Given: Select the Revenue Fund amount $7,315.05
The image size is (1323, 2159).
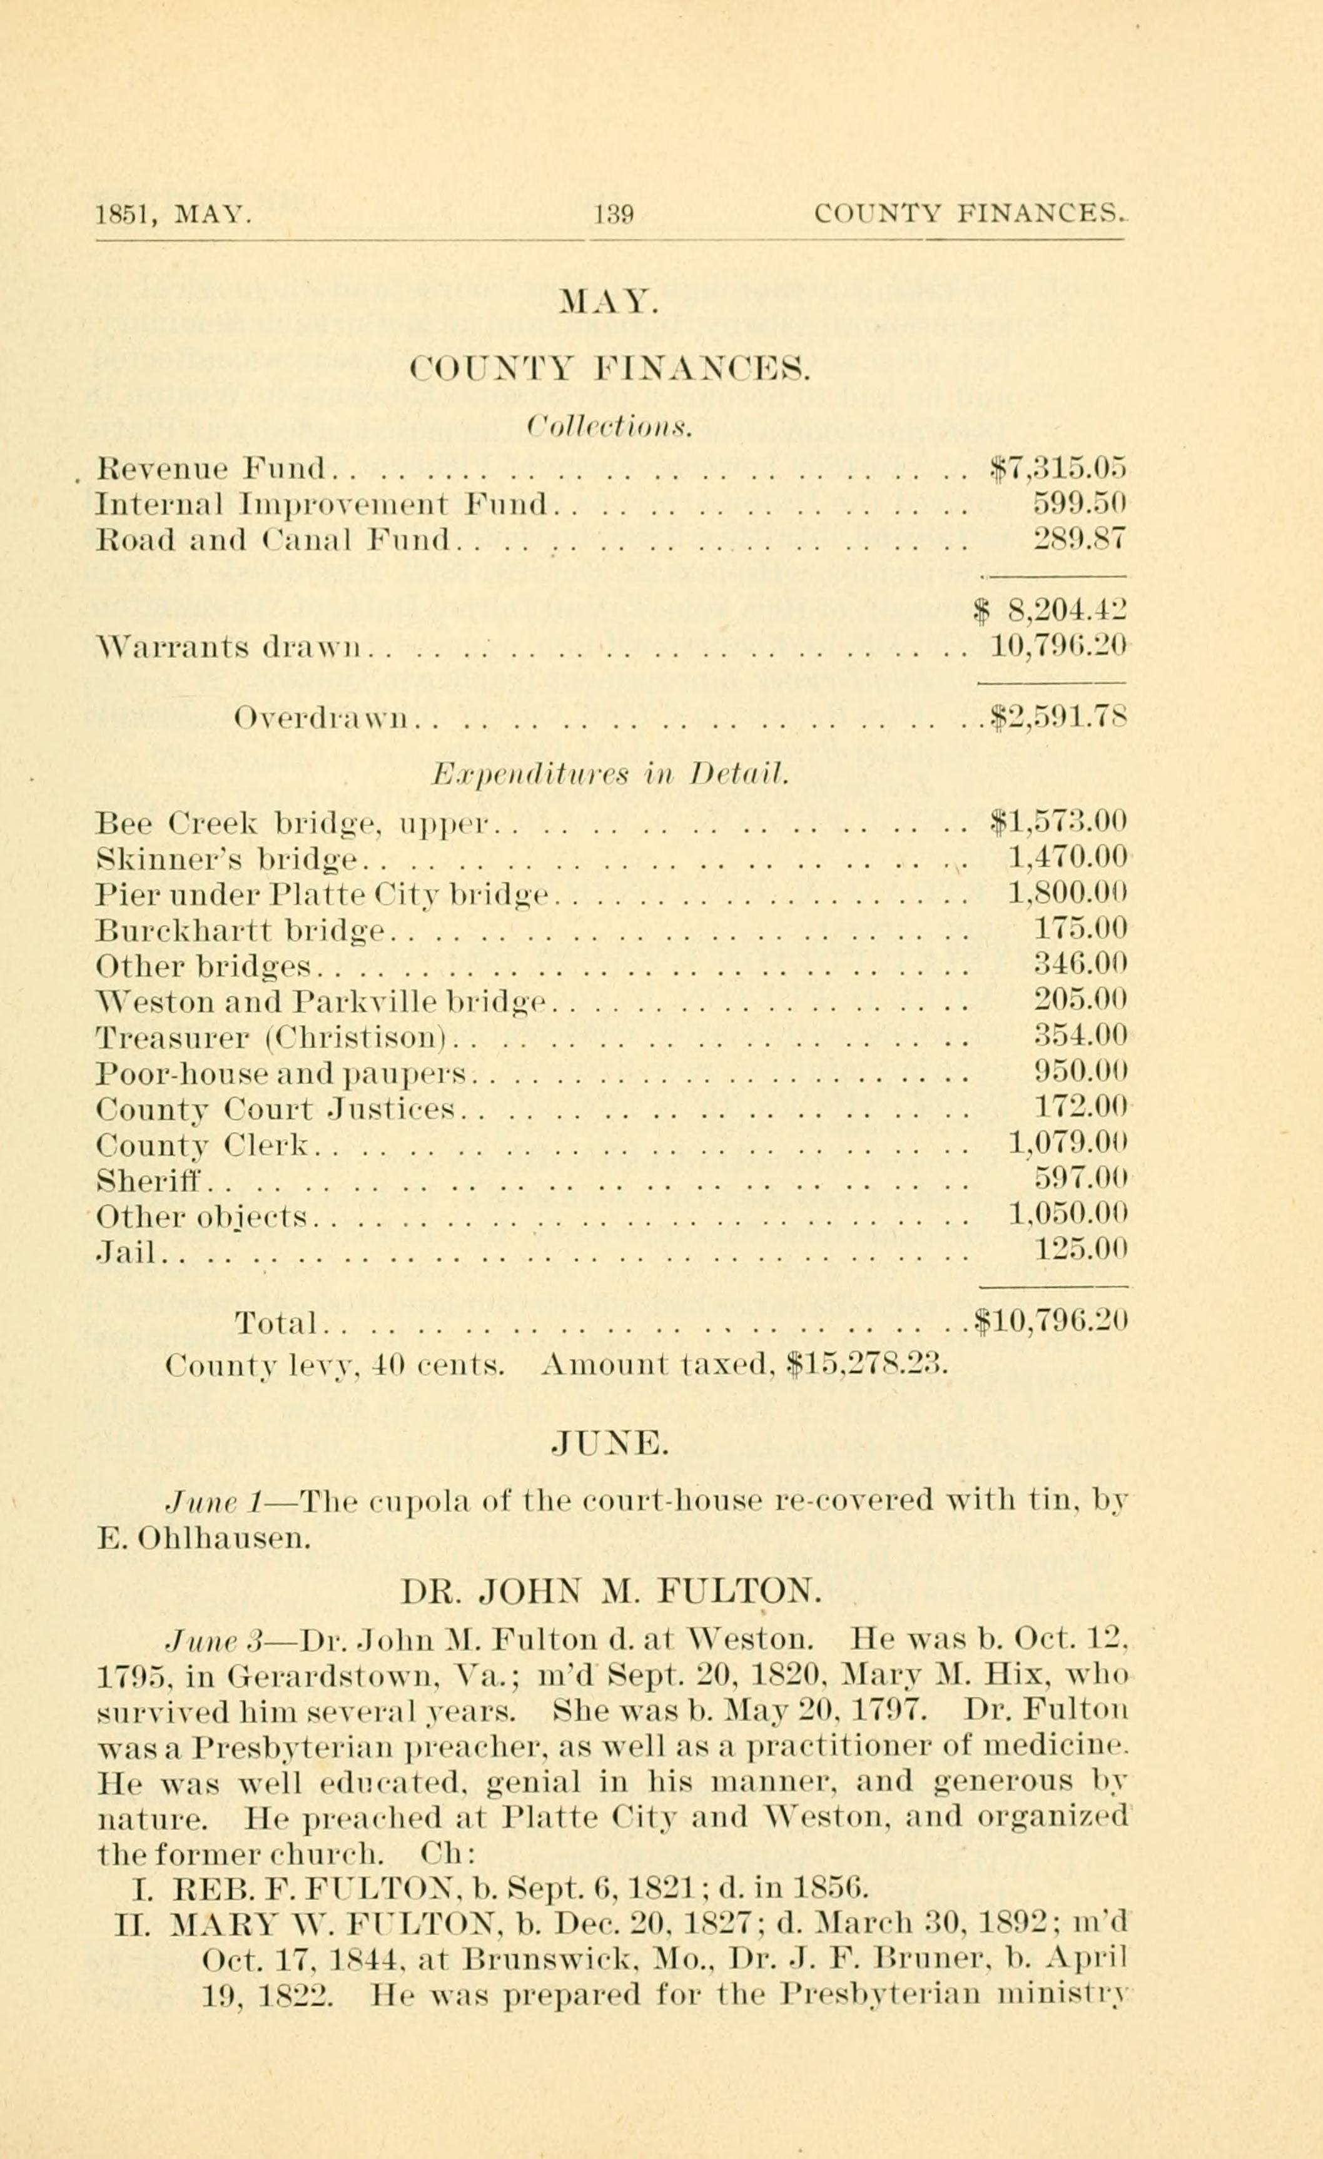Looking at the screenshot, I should pyautogui.click(x=1057, y=469).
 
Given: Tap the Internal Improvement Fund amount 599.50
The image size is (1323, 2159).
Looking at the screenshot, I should pyautogui.click(x=1080, y=504).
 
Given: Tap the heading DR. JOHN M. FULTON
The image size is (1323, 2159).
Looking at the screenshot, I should pyautogui.click(x=611, y=1589).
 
